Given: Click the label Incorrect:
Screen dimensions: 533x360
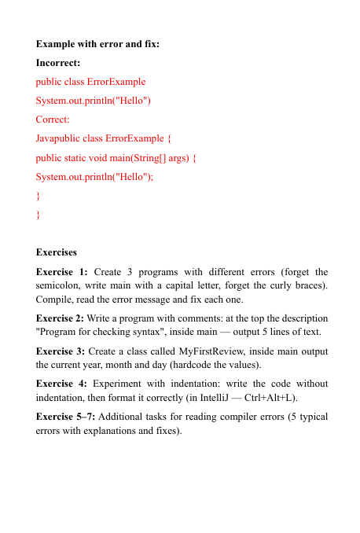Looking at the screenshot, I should pos(58,62).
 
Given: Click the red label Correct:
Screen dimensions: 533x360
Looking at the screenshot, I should pos(53,119).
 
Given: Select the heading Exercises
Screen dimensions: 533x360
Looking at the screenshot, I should pos(57,252).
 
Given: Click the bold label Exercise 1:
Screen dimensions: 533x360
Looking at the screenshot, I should pos(62,271).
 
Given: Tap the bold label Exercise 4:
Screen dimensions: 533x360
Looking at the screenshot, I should pos(62,383).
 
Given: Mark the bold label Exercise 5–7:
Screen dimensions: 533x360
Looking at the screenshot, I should pos(67,415).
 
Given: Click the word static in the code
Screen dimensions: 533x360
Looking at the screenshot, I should pos(83,157).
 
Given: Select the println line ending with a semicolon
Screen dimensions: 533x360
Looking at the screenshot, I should pos(94,176).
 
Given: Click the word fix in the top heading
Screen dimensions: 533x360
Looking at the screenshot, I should pos(150,43).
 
